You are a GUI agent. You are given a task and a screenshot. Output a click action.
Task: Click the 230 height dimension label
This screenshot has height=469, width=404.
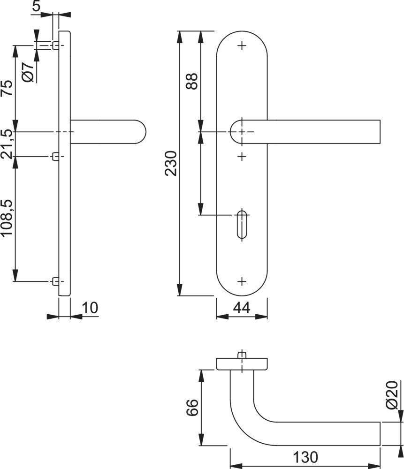[x=171, y=163]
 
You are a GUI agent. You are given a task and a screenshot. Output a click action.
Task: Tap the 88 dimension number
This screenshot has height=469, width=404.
[x=192, y=81]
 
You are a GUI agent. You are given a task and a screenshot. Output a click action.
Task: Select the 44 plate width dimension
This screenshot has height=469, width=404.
[x=242, y=308]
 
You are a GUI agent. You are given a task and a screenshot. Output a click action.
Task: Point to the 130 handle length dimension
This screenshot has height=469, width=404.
[x=305, y=457]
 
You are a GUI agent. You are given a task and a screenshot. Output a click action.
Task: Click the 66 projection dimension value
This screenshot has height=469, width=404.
[x=192, y=408]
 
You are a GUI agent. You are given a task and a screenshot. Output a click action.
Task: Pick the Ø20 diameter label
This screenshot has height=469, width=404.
[x=392, y=395]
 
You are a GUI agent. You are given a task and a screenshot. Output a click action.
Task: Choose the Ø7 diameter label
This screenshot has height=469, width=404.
[x=28, y=72]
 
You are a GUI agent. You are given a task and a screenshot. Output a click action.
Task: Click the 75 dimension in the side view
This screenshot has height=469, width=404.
[x=7, y=88]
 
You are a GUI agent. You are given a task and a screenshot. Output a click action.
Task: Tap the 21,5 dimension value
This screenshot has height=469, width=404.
[x=7, y=144]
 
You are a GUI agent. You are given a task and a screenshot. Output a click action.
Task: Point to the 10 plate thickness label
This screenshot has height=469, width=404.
[x=90, y=308]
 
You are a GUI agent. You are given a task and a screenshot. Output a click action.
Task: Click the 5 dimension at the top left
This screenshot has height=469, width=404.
[x=36, y=6]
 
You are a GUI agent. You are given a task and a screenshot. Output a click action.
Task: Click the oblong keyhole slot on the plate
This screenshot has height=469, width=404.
[x=242, y=225]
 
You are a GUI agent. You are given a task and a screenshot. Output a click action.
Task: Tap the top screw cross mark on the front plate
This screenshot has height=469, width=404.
[x=242, y=45]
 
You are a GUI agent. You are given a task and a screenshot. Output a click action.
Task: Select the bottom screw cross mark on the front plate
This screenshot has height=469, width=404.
[x=242, y=281]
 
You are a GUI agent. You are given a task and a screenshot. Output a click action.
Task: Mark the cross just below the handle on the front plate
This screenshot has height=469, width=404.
[x=242, y=157]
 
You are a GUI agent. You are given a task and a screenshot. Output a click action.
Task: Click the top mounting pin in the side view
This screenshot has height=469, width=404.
[x=55, y=45]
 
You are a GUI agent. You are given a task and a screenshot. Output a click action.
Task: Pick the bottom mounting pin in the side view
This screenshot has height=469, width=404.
[x=55, y=281]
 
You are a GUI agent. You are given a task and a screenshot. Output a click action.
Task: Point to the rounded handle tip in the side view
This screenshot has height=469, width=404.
[x=142, y=132]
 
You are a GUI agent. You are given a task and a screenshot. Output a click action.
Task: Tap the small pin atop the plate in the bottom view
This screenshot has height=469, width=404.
[x=242, y=355]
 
